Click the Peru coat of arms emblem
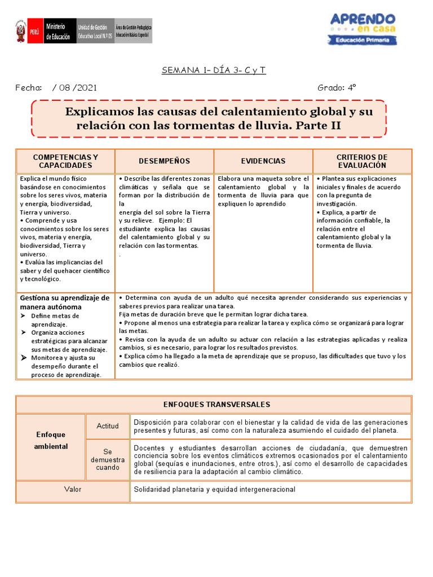pyautogui.click(x=20, y=33)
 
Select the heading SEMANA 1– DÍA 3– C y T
pyautogui.click(x=214, y=70)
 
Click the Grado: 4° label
pyautogui.click(x=337, y=88)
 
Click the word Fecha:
pyautogui.click(x=29, y=88)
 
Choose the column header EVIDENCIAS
pyautogui.click(x=263, y=161)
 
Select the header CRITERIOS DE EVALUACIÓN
pyautogui.click(x=362, y=161)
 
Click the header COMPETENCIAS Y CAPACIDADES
pyautogui.click(x=65, y=161)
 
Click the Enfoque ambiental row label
pyautogui.click(x=51, y=441)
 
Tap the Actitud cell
pyautogui.click(x=108, y=426)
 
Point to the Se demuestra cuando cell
pyautogui.click(x=108, y=460)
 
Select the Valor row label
pyautogui.click(x=73, y=490)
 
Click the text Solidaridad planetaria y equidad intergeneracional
pyautogui.click(x=214, y=490)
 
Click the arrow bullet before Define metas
pyautogui.click(x=24, y=316)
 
